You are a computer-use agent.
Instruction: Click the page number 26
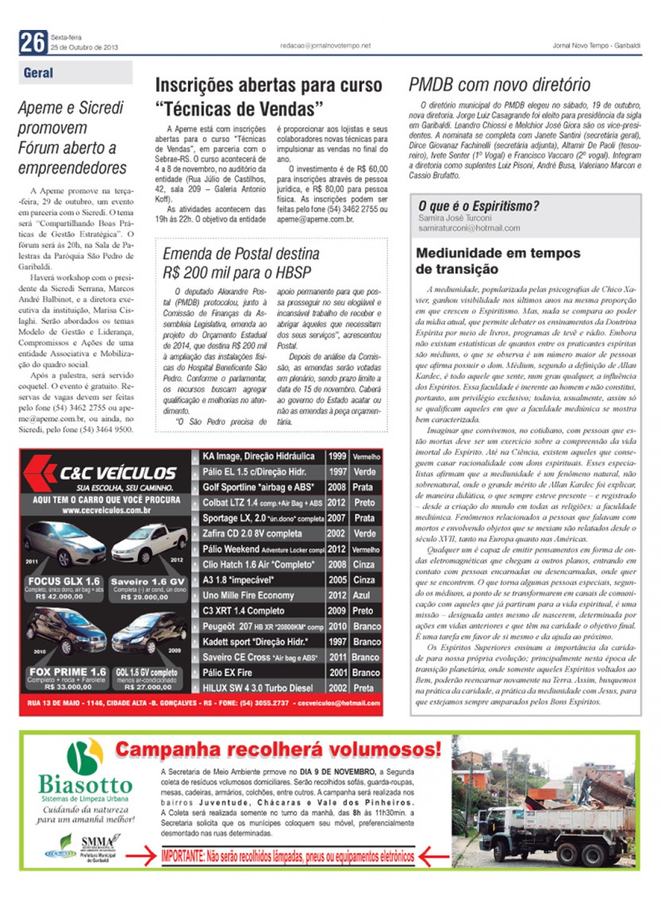(x=32, y=42)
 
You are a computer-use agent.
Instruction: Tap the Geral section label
(x=38, y=73)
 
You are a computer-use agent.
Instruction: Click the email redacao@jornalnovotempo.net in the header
(x=325, y=46)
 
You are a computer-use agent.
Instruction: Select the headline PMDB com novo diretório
(x=499, y=85)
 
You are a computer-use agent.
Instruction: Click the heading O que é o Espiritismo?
(x=478, y=206)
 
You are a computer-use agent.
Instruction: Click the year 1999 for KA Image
(x=337, y=456)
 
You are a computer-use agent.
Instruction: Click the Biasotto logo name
(x=85, y=784)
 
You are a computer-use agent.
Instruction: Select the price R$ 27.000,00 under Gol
(x=147, y=687)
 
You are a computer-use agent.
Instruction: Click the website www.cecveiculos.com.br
(x=106, y=510)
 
